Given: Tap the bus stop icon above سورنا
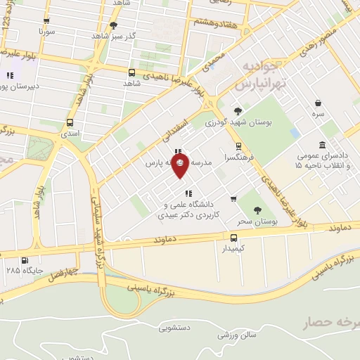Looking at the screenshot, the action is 46,22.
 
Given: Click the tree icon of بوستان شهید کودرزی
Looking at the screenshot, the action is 238,111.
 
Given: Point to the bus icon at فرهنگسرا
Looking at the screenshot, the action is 239,146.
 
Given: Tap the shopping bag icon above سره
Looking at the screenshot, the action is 319,102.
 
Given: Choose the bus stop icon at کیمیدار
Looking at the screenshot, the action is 234,237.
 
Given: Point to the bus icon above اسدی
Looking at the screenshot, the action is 70,120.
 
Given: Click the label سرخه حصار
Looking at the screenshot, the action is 331,323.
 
